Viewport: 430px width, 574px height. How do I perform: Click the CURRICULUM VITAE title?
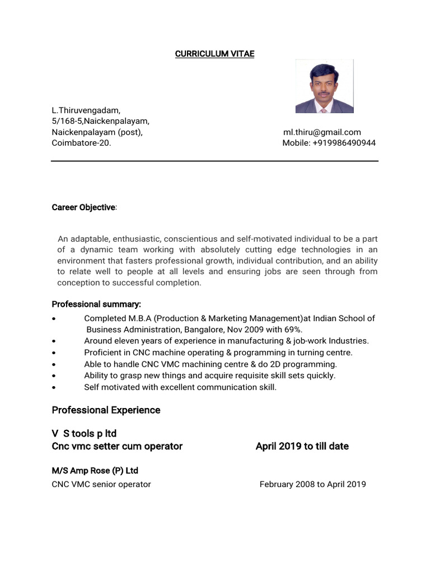[x=214, y=54]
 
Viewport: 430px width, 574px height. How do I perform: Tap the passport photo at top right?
[x=324, y=86]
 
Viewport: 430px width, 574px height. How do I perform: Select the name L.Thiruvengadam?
[x=86, y=110]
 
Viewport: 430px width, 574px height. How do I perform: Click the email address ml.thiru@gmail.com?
[x=322, y=132]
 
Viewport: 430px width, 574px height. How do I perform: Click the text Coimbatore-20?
[x=81, y=143]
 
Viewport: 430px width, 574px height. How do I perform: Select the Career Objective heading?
[x=83, y=207]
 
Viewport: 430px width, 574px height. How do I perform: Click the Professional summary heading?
[x=96, y=304]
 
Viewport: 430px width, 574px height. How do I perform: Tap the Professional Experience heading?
[x=106, y=410]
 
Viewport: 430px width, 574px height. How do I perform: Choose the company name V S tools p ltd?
[x=84, y=434]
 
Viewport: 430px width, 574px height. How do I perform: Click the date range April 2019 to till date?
[x=302, y=446]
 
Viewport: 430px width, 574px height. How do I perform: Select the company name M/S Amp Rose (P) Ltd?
[x=95, y=471]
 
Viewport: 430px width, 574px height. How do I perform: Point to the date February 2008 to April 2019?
[x=312, y=484]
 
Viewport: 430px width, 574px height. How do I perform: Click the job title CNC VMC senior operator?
[x=101, y=484]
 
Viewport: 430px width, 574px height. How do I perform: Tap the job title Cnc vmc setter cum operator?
[x=117, y=446]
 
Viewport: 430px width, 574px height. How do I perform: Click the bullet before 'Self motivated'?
[x=53, y=388]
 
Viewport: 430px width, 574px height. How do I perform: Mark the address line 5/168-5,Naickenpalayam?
[x=100, y=121]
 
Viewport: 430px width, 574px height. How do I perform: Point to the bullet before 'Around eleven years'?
[x=53, y=341]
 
